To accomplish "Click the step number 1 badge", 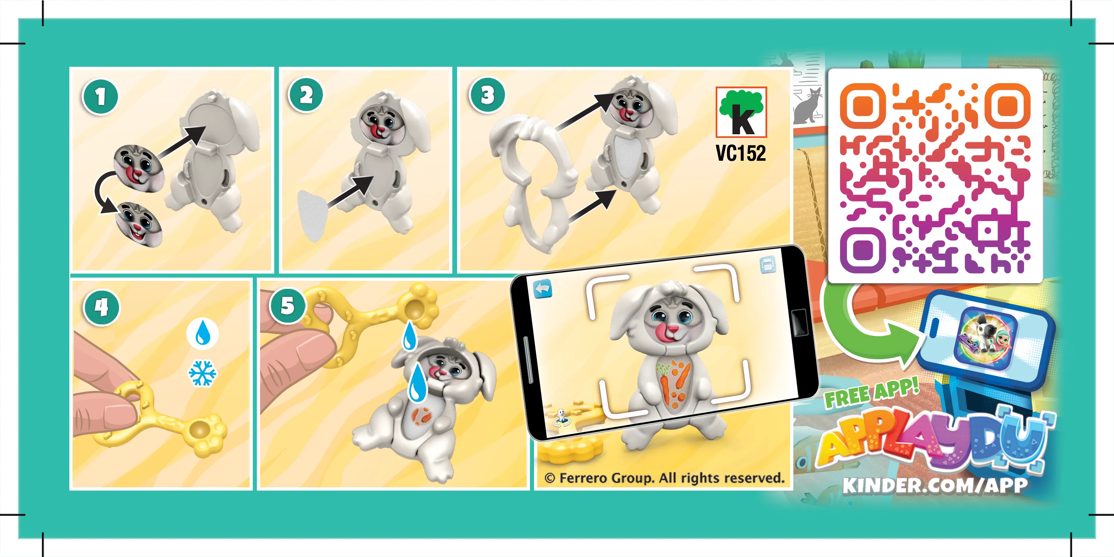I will coord(100,97).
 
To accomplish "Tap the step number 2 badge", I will coord(306,95).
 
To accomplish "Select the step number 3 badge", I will coord(487,95).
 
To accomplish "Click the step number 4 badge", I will coord(101,307).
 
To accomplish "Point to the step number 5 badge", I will coord(288,306).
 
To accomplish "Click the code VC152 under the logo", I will coord(740,153).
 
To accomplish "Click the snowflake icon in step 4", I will coord(202,373).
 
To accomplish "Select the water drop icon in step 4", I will coord(202,333).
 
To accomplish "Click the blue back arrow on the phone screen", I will coord(543,289).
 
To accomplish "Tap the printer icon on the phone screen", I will coord(767,265).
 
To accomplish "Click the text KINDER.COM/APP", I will coord(934,485).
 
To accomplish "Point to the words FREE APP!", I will coord(871,393).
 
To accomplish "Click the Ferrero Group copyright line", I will coord(664,478).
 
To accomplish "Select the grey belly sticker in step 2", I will coord(312,216).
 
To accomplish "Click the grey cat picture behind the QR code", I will coord(807,106).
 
